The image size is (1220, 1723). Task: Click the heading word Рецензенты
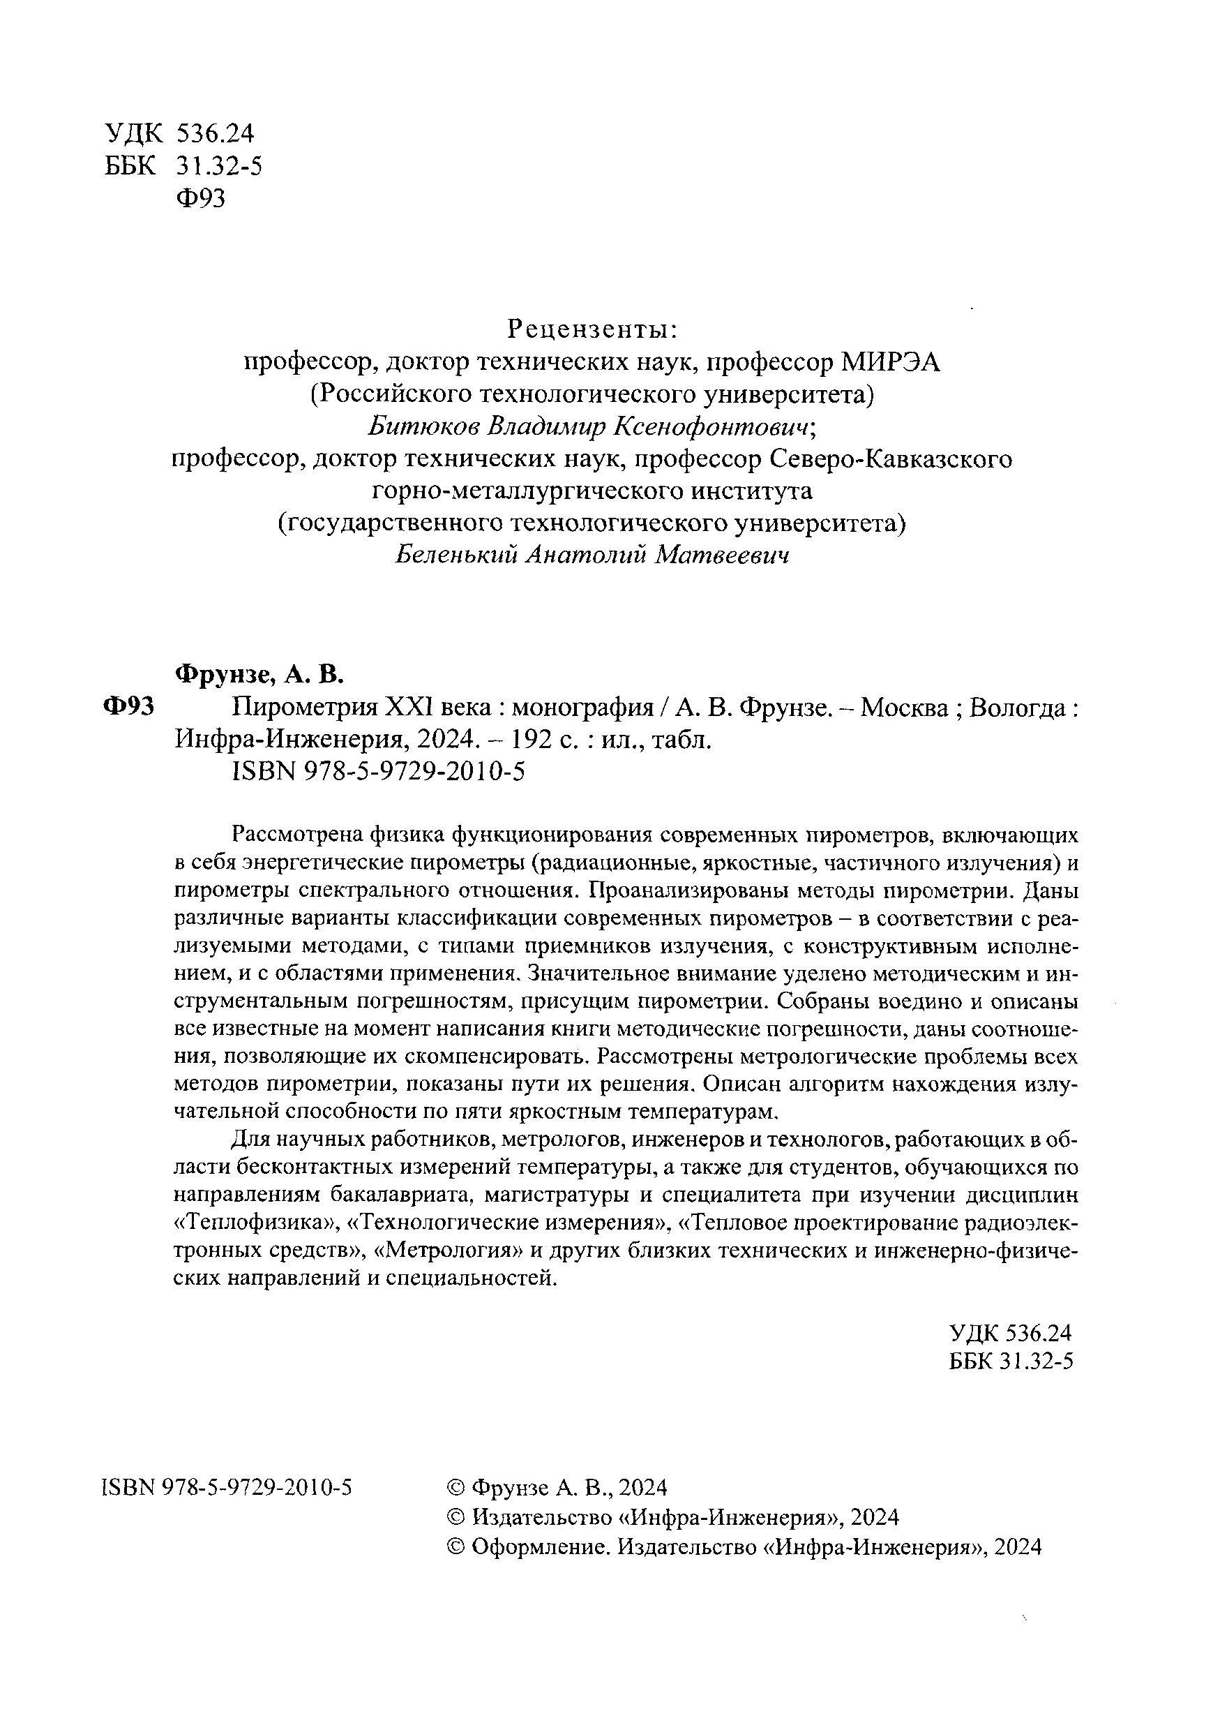pyautogui.click(x=593, y=329)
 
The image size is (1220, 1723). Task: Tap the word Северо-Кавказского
pyautogui.click(x=891, y=458)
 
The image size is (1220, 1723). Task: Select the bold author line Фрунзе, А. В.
pyautogui.click(x=259, y=674)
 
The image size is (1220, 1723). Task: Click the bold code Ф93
pyautogui.click(x=128, y=707)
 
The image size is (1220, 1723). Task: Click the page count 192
pyautogui.click(x=532, y=740)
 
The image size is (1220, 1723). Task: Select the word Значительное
pyautogui.click(x=596, y=974)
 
